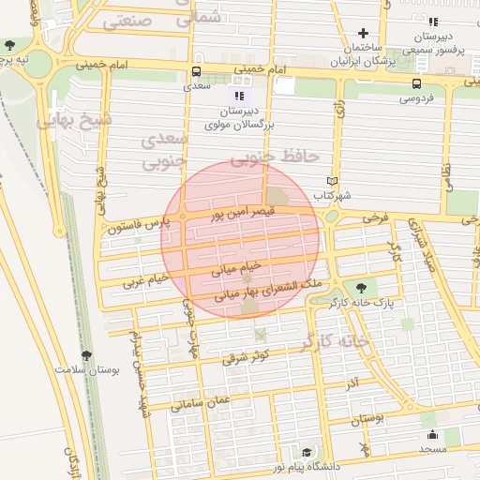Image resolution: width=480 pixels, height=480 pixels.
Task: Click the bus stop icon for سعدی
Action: (196, 71)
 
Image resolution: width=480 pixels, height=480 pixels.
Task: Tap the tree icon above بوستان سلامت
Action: (87, 354)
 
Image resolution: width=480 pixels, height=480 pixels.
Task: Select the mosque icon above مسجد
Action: (432, 434)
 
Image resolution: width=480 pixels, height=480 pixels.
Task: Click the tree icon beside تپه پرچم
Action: (9, 44)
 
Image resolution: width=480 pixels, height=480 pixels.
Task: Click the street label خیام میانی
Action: (217, 271)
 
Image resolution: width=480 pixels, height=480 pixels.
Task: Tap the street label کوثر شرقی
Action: (247, 356)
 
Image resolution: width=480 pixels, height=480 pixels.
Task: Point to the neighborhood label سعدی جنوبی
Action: (165, 150)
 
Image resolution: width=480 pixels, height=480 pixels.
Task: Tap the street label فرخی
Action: (376, 217)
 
